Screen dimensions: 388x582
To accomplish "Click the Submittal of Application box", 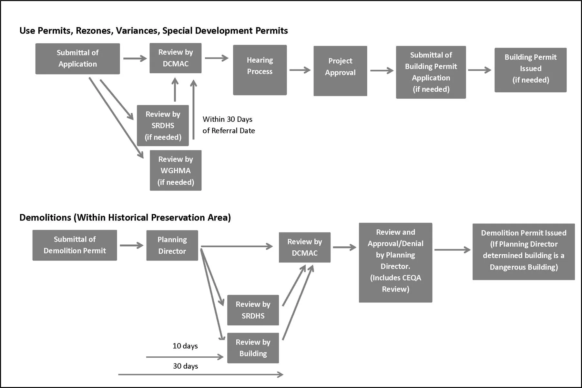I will point(77,58).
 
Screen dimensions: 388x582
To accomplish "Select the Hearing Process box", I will point(260,70).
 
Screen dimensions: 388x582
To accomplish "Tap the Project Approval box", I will point(340,71).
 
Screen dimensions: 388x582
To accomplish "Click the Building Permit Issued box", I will point(530,70).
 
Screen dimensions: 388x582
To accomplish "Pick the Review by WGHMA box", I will point(176,170).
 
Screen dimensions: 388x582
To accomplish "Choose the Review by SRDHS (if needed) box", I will point(163,126).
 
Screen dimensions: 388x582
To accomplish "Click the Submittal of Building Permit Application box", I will point(431,72).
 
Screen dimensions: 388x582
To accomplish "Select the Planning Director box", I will point(172,245).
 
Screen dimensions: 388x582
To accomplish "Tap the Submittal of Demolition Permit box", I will point(75,245).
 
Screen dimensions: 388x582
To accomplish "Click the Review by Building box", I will point(253,348).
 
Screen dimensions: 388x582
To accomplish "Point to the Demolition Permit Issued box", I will point(524,251).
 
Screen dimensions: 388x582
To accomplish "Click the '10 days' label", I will point(185,346).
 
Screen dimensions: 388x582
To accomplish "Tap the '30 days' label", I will point(185,366).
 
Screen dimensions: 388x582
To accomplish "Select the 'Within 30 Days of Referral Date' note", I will point(229,125).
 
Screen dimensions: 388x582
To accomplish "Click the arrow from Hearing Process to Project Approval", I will point(300,70).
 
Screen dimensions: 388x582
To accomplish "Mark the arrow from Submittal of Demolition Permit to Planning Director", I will point(131,245).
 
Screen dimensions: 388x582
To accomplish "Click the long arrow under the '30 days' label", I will point(200,374).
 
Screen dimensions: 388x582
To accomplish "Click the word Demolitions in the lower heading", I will point(45,218).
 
